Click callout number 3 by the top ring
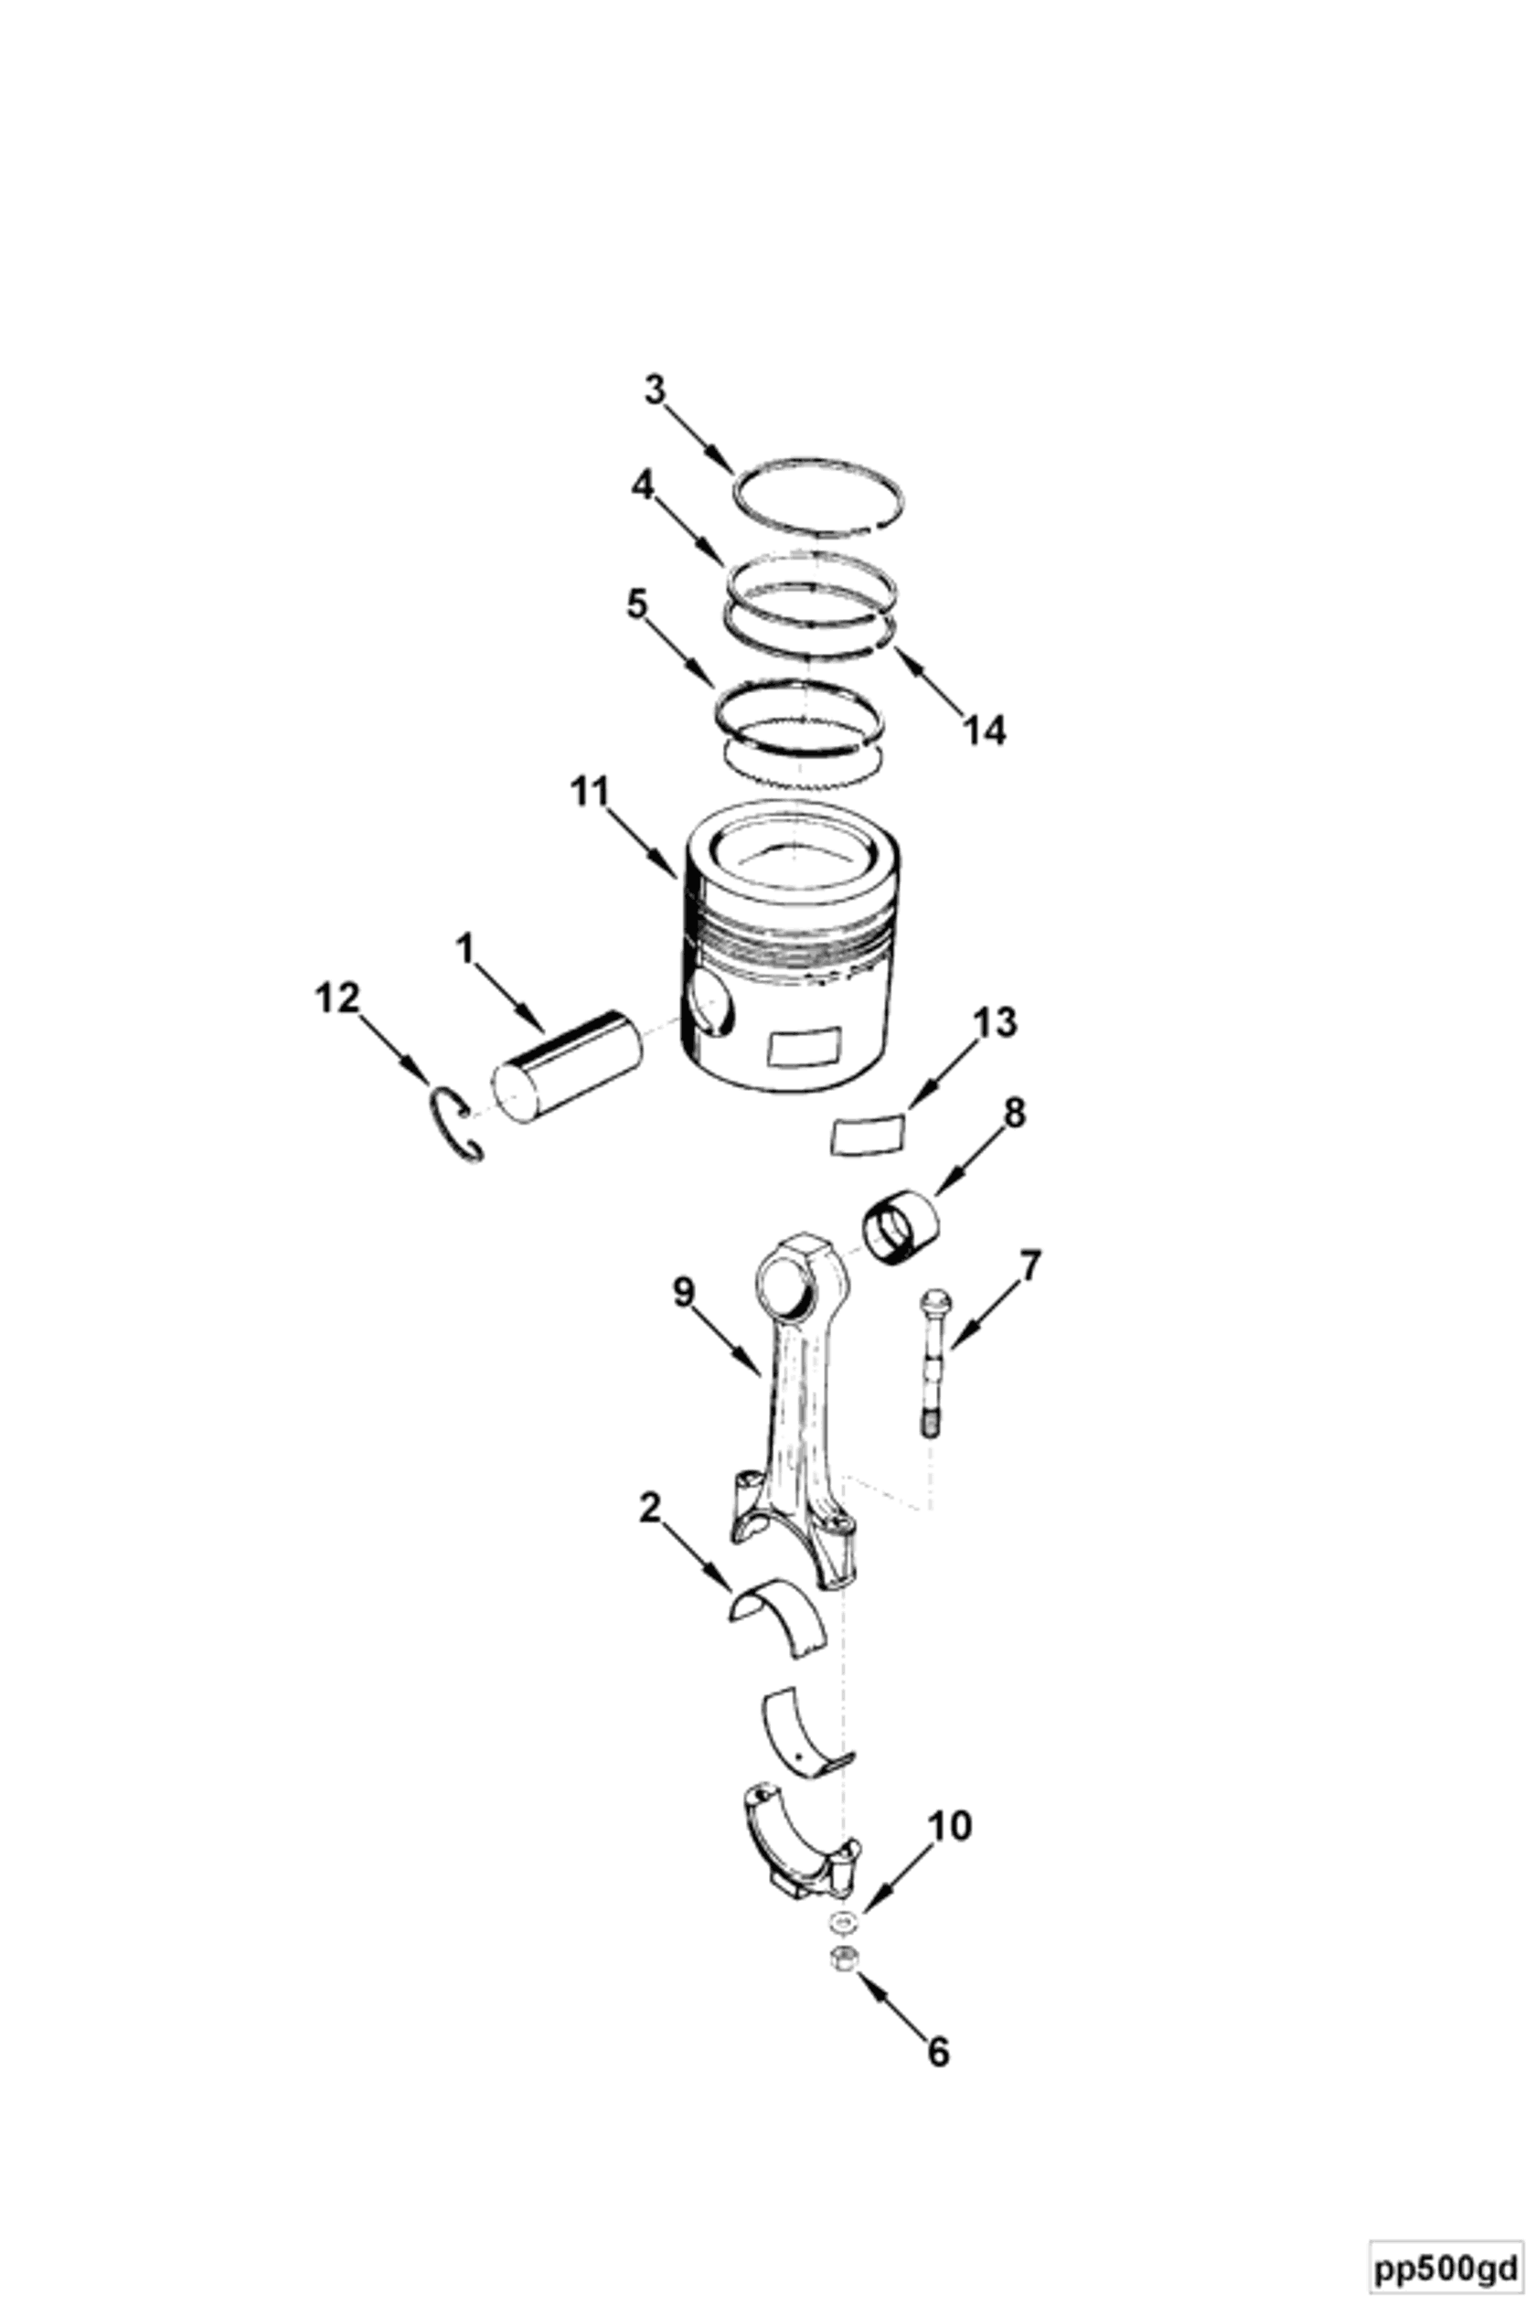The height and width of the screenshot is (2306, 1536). coord(655,390)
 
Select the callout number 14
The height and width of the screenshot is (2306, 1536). coord(984,730)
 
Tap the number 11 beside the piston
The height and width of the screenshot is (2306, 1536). coord(590,792)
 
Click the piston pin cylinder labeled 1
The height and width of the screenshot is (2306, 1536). coord(567,1067)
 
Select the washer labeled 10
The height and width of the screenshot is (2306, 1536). coord(840,1923)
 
